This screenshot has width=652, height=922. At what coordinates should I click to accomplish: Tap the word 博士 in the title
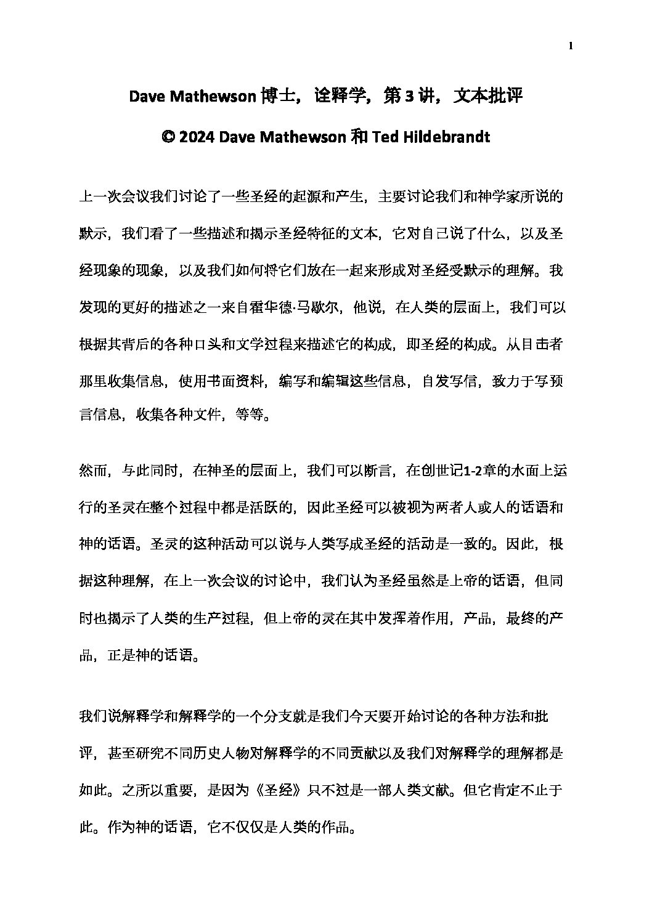pyautogui.click(x=269, y=97)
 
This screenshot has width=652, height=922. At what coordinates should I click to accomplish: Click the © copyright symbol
pyautogui.click(x=168, y=137)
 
